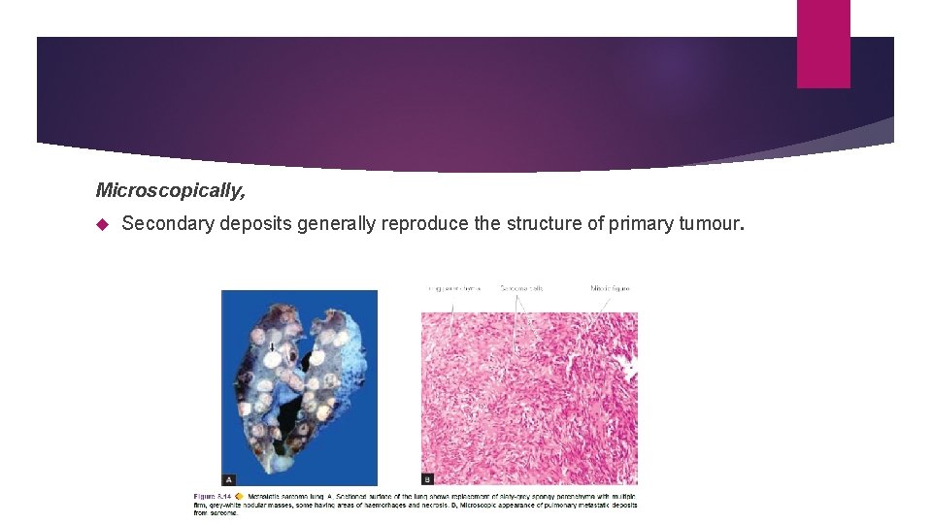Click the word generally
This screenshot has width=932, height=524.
[335, 224]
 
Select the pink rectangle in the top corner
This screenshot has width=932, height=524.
[823, 44]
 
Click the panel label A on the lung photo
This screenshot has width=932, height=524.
[229, 479]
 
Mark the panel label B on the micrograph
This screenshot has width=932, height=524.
[428, 479]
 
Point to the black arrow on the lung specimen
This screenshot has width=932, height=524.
[273, 345]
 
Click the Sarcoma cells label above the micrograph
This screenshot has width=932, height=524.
[521, 288]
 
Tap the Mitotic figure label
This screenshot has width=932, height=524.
[611, 288]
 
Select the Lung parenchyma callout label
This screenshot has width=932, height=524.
[454, 288]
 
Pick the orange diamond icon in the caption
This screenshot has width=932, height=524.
[238, 495]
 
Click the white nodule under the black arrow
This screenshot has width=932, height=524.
[275, 359]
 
